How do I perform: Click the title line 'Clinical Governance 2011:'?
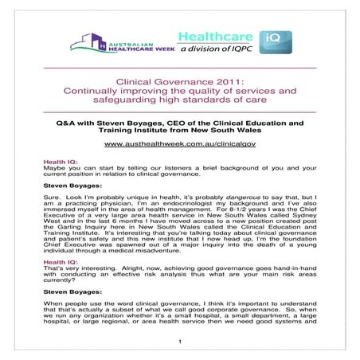coord(179,81)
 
